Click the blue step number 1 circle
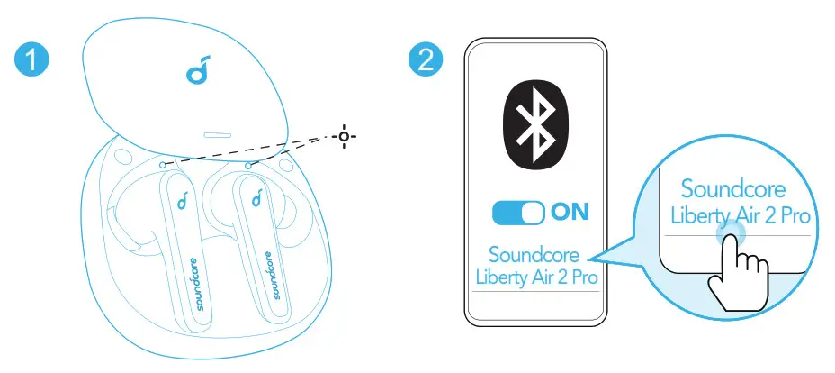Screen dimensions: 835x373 (31, 60)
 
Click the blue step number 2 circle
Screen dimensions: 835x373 (426, 60)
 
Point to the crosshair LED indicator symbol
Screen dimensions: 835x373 (344, 137)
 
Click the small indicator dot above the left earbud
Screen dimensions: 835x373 (163, 164)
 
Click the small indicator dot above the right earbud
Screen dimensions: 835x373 (248, 167)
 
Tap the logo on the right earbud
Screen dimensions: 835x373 (257, 197)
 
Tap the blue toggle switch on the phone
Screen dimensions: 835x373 (518, 213)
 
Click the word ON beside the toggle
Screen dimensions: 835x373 (570, 212)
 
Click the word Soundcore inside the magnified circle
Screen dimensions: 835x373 (733, 189)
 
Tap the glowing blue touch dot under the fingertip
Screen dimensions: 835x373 (730, 232)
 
